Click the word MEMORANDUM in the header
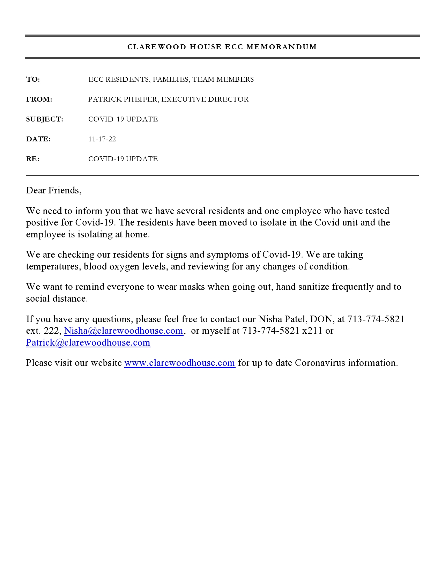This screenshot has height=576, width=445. [x=282, y=47]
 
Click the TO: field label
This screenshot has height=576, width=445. [x=33, y=80]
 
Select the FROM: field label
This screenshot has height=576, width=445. [x=39, y=99]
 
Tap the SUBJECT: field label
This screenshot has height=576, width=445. [x=45, y=119]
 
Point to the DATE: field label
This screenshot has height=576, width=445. [x=38, y=139]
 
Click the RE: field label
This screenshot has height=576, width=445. [x=33, y=159]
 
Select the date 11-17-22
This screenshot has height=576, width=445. [x=102, y=139]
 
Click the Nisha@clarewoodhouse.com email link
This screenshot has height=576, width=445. [x=124, y=331]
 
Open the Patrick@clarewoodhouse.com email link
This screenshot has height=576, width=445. [x=88, y=342]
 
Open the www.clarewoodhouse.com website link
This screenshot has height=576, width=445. [x=179, y=363]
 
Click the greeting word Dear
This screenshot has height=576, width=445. [x=36, y=190]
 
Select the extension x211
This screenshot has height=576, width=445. [x=312, y=331]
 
